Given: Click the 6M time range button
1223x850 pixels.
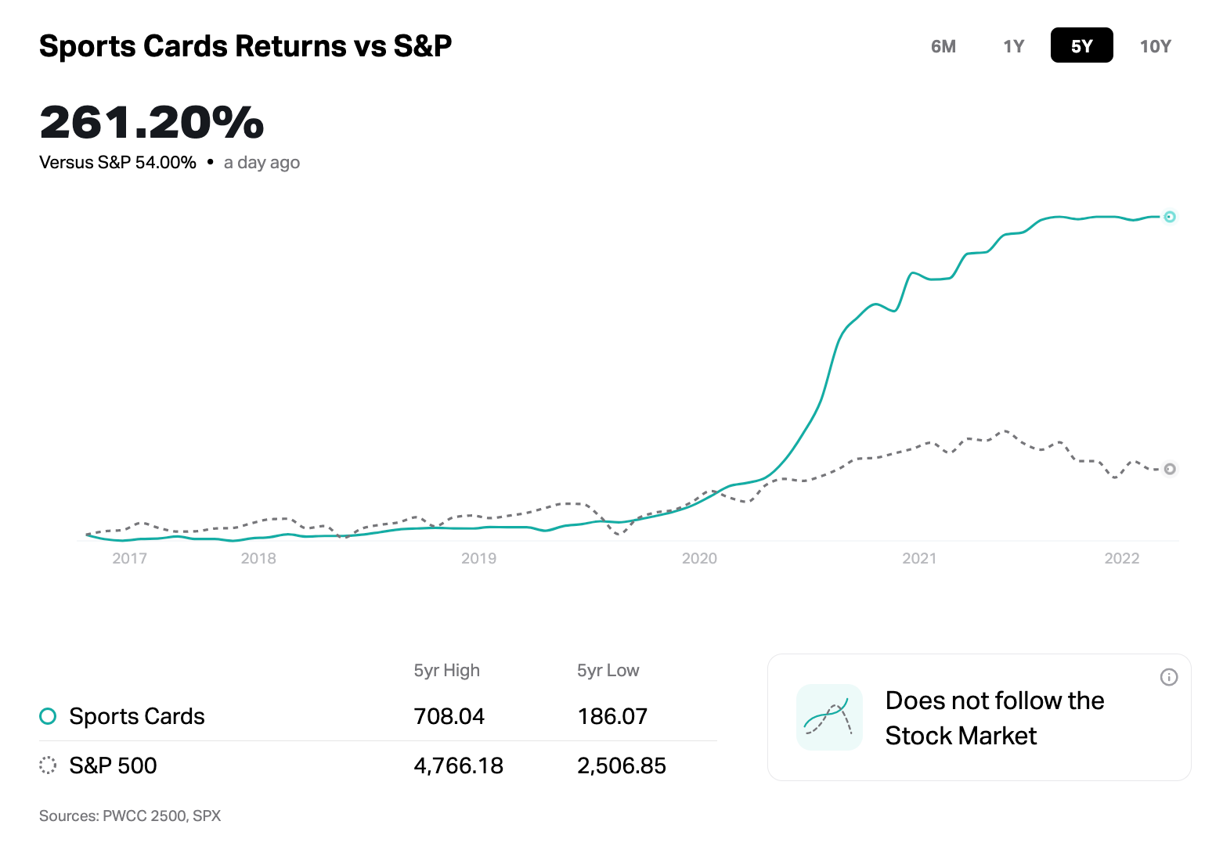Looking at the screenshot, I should pos(943,46).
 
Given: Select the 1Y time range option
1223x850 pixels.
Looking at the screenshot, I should pos(1013,46).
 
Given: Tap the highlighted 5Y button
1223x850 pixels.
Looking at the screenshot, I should pos(1081,45).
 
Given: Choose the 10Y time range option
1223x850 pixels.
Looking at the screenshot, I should pos(1155,46).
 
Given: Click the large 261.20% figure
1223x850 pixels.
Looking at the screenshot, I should pos(152,123).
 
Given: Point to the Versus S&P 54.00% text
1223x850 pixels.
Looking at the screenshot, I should pos(117,163).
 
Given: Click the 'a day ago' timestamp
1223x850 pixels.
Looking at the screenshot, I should pos(262,163).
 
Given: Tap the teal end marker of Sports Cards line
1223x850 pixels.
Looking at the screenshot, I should pos(1169,217).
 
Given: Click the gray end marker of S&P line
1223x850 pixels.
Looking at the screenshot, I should pos(1169,469).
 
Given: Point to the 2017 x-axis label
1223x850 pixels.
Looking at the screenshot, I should pos(129,558).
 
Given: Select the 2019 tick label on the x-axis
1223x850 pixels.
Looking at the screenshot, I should pos(478,558).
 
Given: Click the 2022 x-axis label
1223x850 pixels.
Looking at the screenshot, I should pos(1121,558).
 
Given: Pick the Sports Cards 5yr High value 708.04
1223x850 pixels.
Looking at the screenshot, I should pos(449,716).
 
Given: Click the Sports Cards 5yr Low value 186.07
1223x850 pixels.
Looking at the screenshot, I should pos(611,716).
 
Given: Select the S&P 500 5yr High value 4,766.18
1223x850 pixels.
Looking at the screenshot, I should pos(458,765).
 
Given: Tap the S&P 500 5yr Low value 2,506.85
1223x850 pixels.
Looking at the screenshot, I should pos(621,765).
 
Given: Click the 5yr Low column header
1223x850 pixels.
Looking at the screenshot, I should pos(608,671).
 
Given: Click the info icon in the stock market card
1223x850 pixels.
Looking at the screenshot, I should pos(1168,677).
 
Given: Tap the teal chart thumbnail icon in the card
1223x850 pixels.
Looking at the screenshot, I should pos(828,717).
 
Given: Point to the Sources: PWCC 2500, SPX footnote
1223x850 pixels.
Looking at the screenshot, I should pos(130,816).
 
